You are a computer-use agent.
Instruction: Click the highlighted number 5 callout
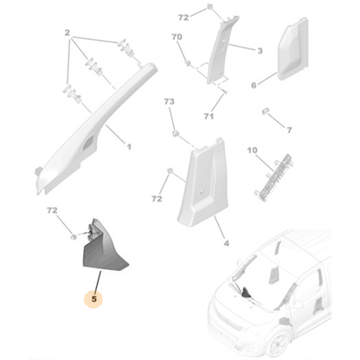[x=94, y=299]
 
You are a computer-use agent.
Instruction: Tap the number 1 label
[x=129, y=147]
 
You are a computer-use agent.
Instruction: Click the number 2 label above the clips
[x=67, y=33]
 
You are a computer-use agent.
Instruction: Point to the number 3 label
[x=260, y=51]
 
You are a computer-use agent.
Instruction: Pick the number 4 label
[x=227, y=243]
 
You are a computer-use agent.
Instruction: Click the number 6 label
[x=254, y=86]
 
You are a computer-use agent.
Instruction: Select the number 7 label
[x=289, y=130]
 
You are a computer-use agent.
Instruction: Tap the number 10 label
[x=252, y=151]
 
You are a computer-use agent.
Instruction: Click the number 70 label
[x=177, y=37]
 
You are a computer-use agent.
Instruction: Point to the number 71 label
[x=209, y=116]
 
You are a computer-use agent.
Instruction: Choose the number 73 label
[x=169, y=101]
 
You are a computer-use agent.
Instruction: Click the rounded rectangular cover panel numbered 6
[x=292, y=49]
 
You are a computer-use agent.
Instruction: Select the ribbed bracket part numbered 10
[x=273, y=177]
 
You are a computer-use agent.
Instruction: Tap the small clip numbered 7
[x=266, y=111]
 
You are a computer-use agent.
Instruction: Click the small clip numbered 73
[x=176, y=133]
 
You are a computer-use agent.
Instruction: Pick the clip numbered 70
[x=188, y=62]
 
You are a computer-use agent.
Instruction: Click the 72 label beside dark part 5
[x=52, y=210]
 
